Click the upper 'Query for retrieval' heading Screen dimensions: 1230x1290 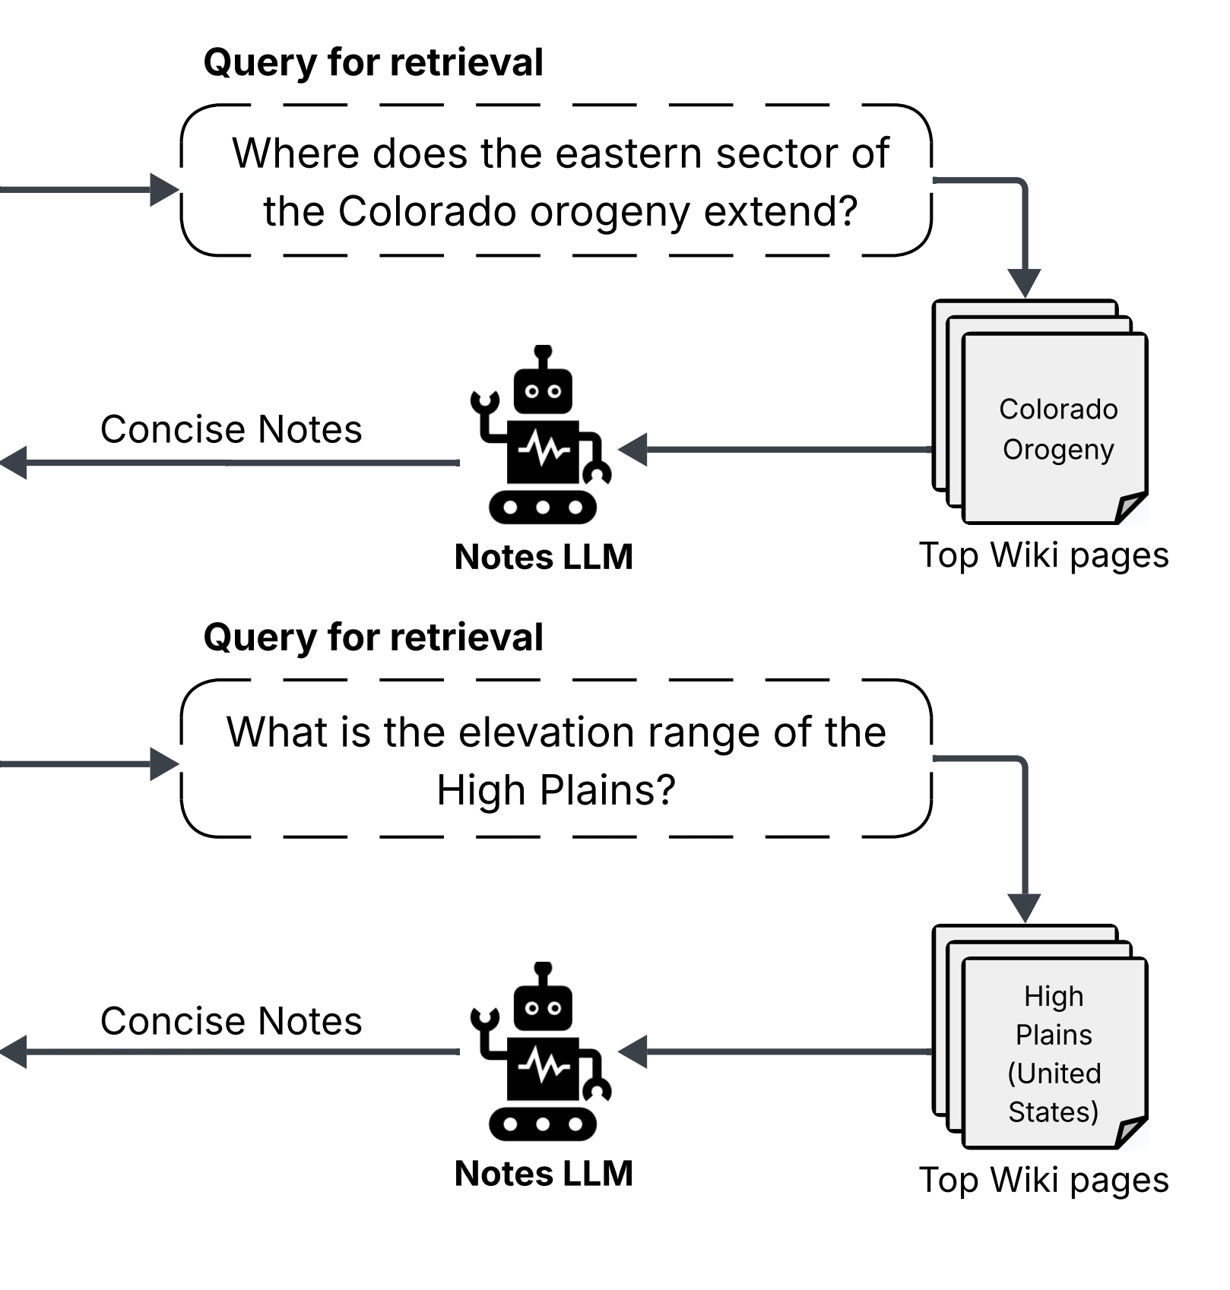point(373,62)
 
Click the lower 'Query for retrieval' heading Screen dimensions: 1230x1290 point(373,637)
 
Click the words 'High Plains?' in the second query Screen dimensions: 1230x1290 point(556,790)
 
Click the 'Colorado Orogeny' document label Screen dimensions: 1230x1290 point(1058,429)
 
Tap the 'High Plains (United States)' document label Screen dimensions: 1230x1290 point(1054,1054)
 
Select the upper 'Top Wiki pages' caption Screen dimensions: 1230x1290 point(1044,555)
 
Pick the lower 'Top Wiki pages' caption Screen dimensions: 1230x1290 point(1044,1181)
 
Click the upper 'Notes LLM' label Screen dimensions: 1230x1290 point(544,557)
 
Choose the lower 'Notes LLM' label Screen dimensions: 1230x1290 point(544,1174)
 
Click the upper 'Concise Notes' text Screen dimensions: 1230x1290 point(231,429)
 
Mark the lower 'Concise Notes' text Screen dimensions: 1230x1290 point(231,1021)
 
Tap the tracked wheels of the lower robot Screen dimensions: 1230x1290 point(543,1124)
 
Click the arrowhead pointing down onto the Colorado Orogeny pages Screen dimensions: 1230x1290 point(1025,283)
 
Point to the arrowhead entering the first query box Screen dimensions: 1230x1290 point(165,189)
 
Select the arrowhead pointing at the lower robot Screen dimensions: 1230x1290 point(632,1052)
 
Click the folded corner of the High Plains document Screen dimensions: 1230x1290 point(1131,1132)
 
